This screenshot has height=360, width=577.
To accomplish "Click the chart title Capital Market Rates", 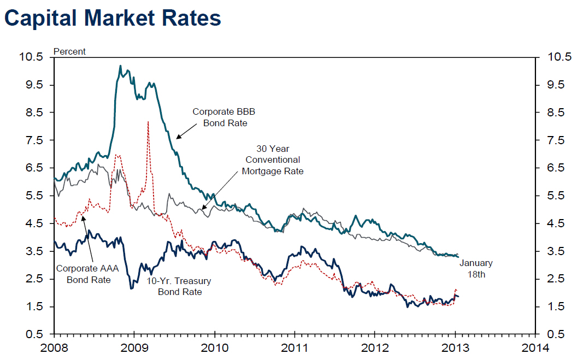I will [113, 18].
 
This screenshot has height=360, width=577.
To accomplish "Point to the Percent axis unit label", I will [69, 51].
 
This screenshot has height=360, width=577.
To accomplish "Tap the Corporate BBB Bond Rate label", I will [225, 117].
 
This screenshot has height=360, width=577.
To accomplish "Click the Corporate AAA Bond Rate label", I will [89, 274].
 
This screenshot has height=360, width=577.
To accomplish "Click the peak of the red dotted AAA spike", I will [148, 122].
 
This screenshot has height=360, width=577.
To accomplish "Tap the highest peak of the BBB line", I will [120, 66].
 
